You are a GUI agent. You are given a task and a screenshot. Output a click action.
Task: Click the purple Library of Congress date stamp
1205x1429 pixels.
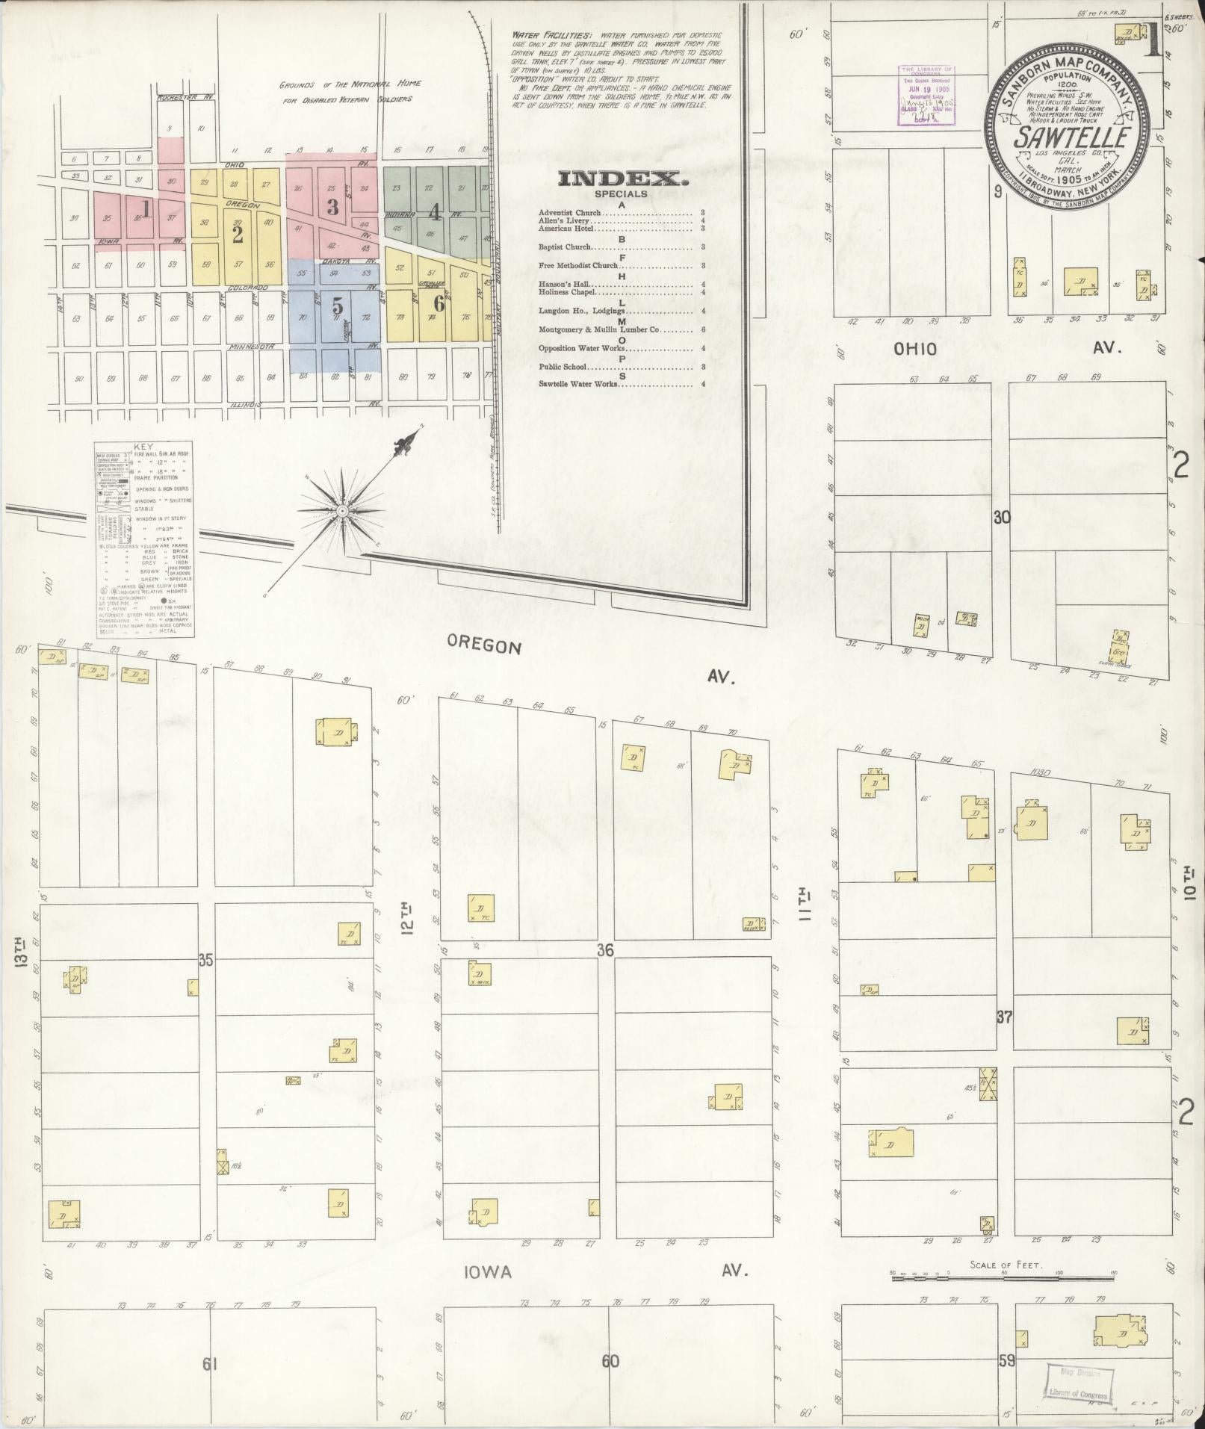(x=929, y=94)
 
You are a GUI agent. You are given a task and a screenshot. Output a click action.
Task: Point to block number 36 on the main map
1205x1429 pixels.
(x=605, y=950)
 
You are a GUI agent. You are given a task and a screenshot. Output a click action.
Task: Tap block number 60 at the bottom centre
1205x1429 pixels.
(x=610, y=1340)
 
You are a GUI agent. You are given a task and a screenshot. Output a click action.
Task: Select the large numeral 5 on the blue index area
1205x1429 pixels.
(x=338, y=306)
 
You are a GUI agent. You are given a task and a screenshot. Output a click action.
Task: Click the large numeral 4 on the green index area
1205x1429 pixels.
(x=434, y=213)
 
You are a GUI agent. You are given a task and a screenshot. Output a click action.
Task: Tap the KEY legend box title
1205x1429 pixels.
(x=141, y=447)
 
